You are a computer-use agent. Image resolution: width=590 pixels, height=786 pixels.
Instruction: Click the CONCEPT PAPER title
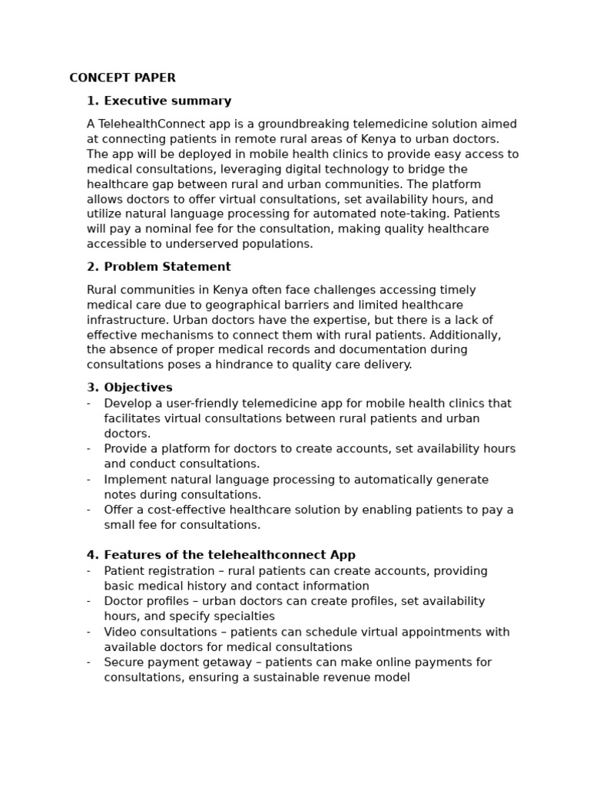[x=122, y=78]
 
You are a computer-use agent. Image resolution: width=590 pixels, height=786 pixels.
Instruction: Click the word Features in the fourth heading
[x=130, y=555]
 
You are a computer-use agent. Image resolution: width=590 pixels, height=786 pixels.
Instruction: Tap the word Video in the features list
[x=120, y=632]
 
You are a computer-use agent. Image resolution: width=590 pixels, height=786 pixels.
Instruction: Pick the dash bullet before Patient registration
[x=88, y=571]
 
